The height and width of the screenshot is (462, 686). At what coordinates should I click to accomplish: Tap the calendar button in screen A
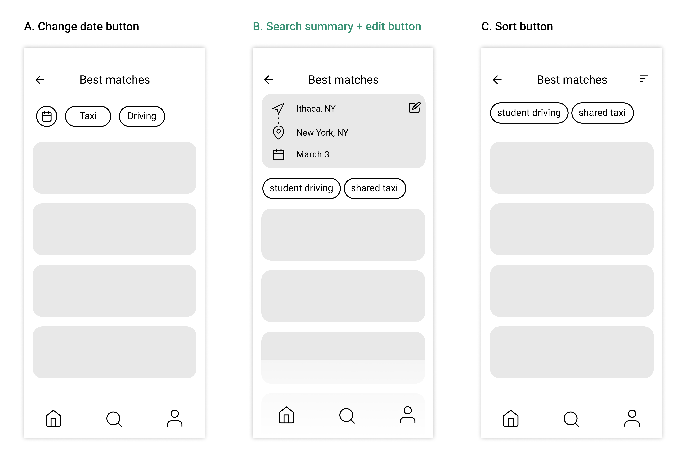[47, 116]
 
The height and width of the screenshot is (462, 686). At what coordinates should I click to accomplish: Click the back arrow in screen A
[40, 80]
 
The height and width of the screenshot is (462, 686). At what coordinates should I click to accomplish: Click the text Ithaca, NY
[316, 109]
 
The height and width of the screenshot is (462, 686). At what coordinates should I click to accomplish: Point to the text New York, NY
[322, 133]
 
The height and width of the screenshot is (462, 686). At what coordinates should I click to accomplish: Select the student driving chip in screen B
[301, 188]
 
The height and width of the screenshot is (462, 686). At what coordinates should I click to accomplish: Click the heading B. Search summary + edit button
[337, 27]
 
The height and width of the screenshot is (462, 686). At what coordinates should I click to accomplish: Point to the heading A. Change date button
[81, 27]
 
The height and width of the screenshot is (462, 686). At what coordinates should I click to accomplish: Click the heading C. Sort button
[517, 27]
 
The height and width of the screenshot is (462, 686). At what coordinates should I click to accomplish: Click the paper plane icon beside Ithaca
[278, 108]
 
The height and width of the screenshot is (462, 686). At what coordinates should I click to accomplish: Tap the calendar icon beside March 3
[278, 154]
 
